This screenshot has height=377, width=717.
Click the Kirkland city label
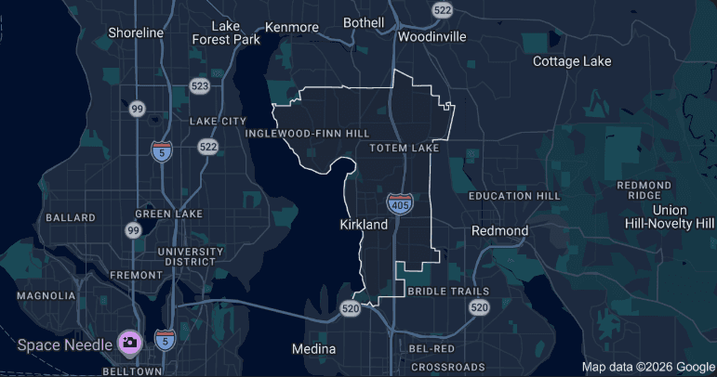365,225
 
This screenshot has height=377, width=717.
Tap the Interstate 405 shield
400,203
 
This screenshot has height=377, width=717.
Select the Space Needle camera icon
129,343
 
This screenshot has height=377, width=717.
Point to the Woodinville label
431,37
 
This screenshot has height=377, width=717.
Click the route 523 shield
199,85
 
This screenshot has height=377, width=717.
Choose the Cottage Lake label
572,61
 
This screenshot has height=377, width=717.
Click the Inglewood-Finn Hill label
308,134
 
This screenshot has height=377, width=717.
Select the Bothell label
364,22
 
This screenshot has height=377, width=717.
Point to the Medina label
313,349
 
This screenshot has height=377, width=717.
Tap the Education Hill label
514,197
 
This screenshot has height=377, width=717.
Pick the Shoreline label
136,32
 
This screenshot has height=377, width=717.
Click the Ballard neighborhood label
71,217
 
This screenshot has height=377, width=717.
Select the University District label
191,256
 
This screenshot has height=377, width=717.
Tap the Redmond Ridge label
644,190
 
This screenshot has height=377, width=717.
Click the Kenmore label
292,27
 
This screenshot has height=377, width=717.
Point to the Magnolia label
46,295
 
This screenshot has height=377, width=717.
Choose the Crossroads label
448,367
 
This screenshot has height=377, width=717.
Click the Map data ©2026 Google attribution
648,367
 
